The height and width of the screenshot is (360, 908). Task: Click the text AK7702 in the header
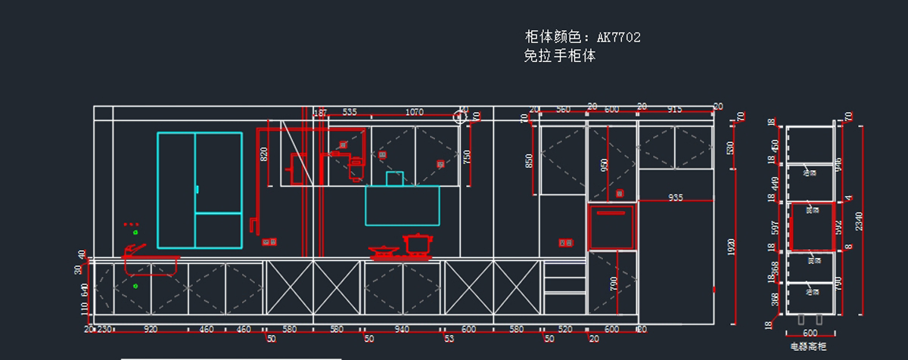619,37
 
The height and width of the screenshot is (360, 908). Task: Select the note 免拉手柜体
559,55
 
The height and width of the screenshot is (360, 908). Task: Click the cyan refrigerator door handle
197,189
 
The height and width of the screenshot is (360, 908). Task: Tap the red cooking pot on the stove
416,244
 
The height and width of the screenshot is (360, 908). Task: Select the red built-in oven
612,226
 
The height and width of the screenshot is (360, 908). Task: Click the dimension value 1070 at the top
415,112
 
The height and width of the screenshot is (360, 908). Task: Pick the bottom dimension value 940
402,329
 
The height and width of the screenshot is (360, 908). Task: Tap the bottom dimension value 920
151,329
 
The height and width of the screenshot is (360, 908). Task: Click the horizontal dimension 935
675,197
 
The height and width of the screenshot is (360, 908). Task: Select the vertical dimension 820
264,154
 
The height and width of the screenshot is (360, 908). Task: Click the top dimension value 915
675,110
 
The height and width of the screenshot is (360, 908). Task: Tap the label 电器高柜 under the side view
809,346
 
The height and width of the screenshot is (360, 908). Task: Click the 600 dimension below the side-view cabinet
810,333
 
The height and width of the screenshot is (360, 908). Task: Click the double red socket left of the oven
565,243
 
